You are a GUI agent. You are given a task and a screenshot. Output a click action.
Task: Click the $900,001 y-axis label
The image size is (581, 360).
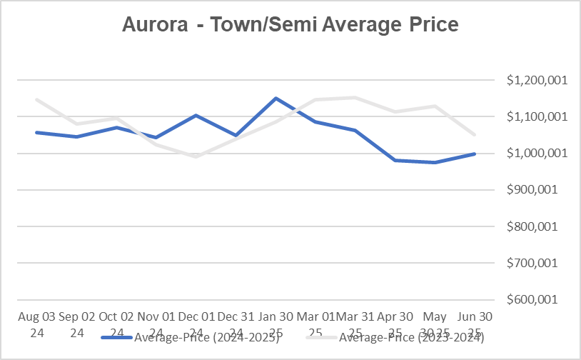(537, 190)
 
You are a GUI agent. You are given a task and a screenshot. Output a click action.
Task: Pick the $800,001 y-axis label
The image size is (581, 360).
(537, 226)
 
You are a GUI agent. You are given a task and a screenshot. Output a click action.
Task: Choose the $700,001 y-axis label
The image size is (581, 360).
(537, 263)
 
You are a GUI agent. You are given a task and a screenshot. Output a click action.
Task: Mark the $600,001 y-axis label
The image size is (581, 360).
(537, 299)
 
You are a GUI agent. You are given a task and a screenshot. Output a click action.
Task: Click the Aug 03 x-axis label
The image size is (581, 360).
(36, 316)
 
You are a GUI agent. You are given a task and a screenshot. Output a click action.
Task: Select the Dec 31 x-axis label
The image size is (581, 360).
(236, 316)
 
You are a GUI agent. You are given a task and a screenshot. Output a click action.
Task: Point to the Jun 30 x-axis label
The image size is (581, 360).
(474, 316)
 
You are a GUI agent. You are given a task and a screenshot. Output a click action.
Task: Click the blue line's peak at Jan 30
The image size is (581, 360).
(276, 99)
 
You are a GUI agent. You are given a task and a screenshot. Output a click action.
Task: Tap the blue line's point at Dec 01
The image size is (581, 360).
(196, 115)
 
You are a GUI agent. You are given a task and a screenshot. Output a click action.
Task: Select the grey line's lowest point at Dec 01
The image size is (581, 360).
(196, 156)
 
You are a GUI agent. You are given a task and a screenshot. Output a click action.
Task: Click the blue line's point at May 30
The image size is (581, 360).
(435, 162)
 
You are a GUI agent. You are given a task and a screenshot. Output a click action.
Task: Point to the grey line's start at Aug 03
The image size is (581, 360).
(36, 99)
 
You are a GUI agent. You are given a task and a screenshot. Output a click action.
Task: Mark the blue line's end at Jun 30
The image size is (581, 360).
(474, 154)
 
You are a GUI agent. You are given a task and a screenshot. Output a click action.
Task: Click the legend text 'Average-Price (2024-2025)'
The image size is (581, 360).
(206, 338)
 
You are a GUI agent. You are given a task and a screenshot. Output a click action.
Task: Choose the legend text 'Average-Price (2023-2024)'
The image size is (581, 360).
(412, 338)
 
